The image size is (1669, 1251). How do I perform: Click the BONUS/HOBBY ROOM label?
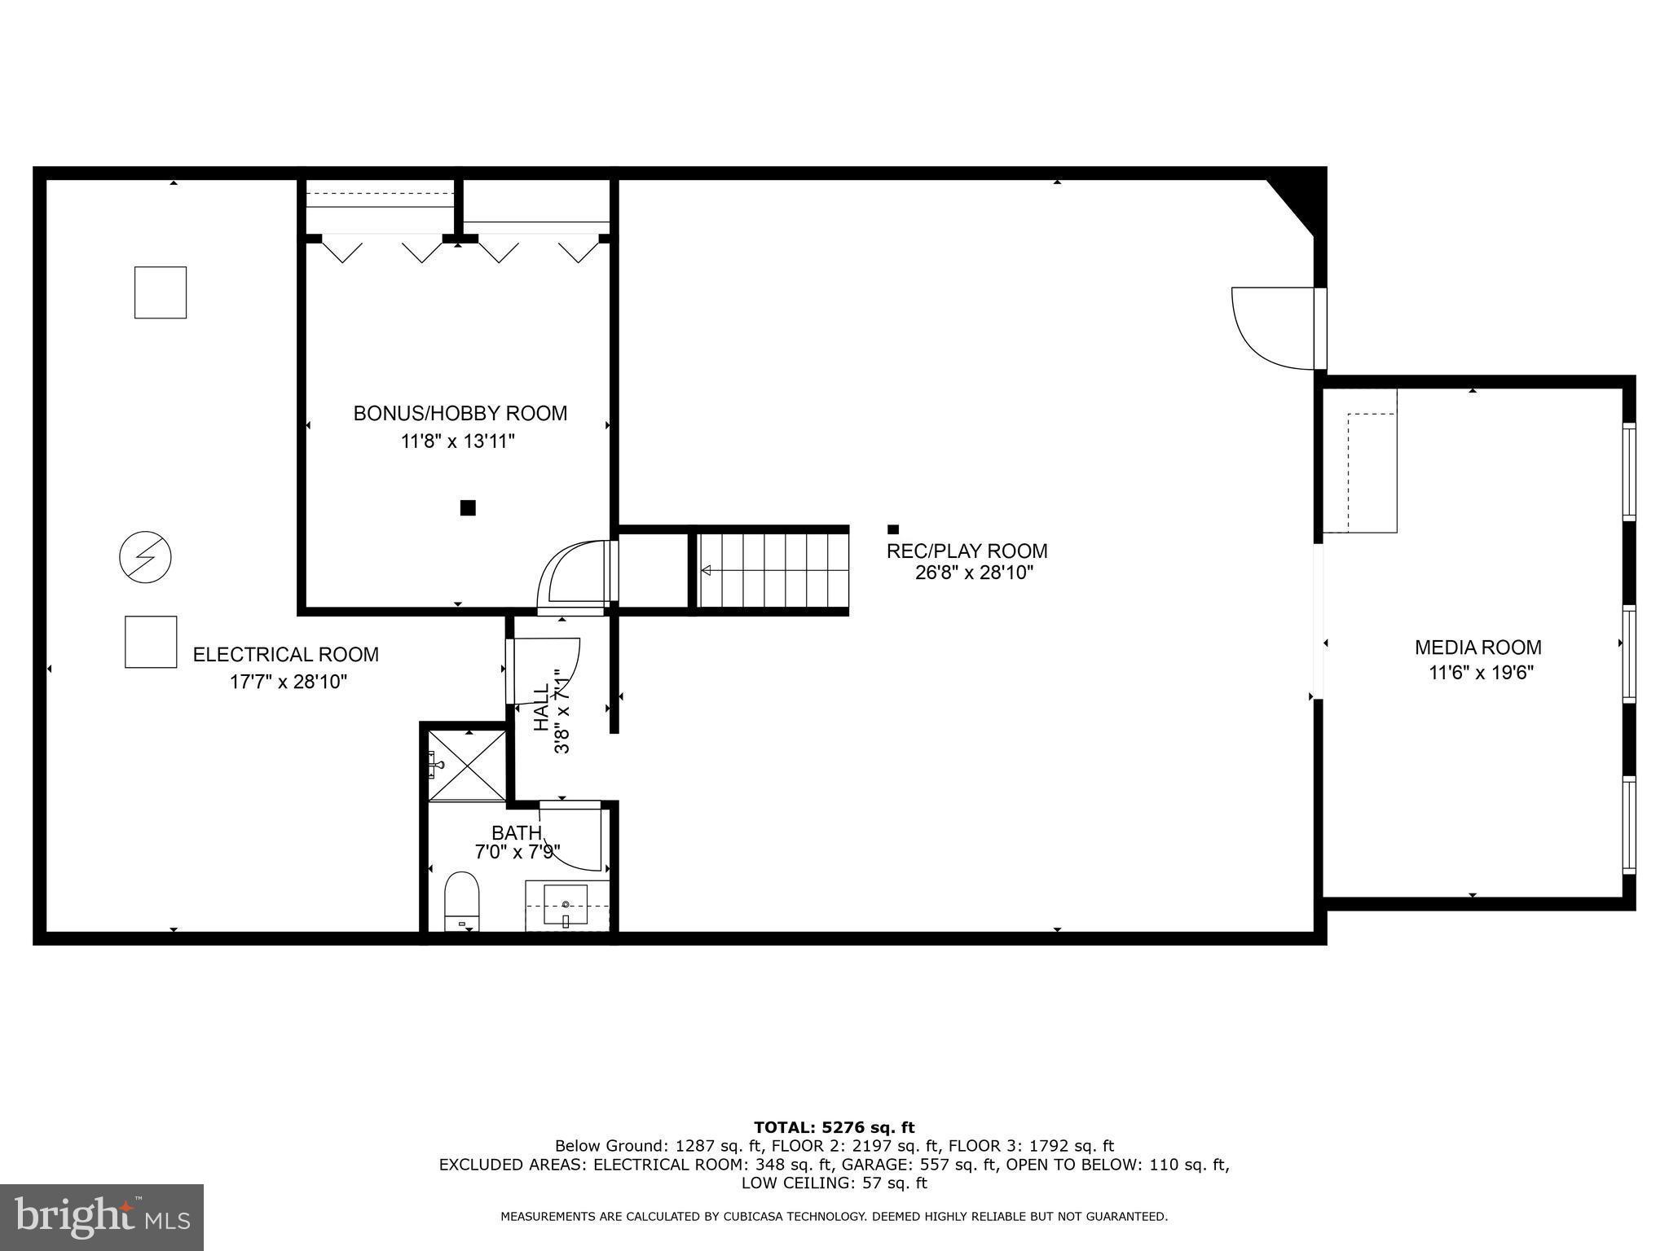point(460,413)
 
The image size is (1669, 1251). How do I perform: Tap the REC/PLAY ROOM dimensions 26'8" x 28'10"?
point(974,573)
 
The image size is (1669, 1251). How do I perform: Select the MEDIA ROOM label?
point(1477,647)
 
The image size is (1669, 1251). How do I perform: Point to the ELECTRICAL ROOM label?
point(285,654)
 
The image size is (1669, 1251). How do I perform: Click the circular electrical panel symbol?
point(145,558)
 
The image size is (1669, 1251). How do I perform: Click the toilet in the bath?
point(462,901)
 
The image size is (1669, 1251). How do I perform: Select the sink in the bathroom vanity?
point(566,905)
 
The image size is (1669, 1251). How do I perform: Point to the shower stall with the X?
point(467,766)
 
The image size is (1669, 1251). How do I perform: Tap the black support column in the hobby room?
point(468,508)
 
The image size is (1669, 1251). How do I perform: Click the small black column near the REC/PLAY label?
point(892,529)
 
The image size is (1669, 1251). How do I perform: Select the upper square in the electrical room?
point(161,292)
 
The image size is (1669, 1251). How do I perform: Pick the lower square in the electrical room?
point(151,642)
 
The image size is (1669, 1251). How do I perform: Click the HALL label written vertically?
point(541,707)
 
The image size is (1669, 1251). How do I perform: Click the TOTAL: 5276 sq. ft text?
point(834,1127)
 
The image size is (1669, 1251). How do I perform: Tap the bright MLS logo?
point(101,1217)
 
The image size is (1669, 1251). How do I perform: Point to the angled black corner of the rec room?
point(1302,199)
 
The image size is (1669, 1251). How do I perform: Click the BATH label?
point(516,832)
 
